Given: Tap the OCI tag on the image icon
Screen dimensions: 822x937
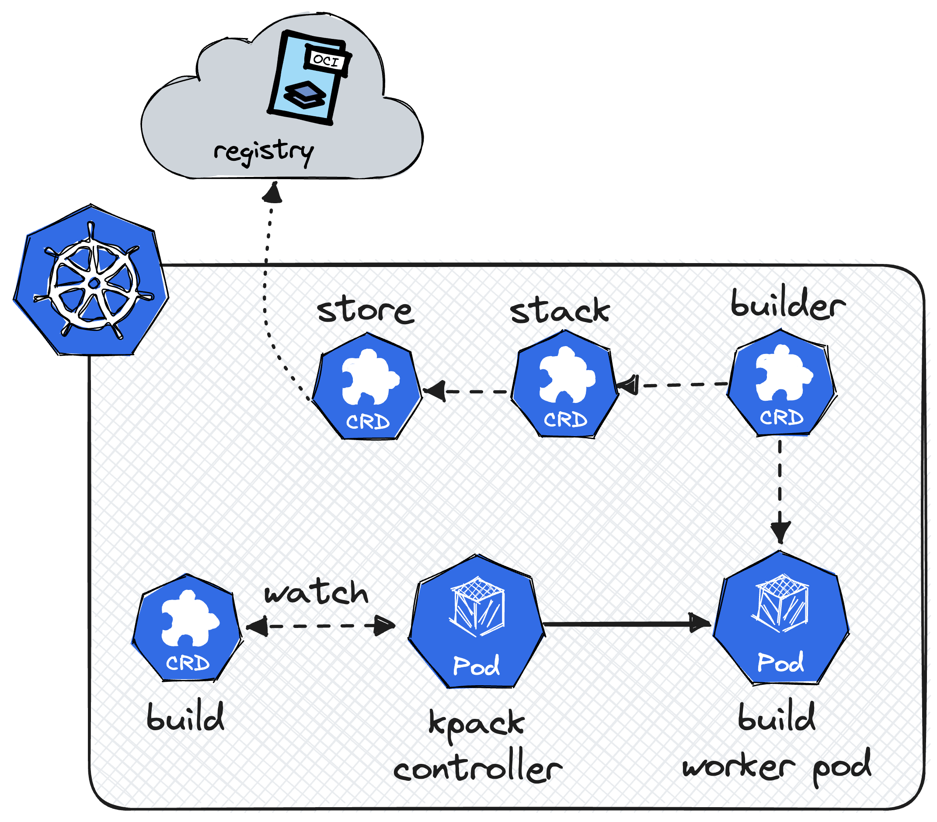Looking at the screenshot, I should pyautogui.click(x=326, y=59).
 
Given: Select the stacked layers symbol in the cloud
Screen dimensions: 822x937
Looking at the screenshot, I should pyautogui.click(x=304, y=94).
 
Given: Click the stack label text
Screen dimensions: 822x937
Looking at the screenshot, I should pyautogui.click(x=560, y=312).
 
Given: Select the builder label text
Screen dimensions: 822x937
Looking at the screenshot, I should pyautogui.click(x=787, y=306).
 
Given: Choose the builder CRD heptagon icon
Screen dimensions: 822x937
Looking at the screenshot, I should pyautogui.click(x=782, y=384).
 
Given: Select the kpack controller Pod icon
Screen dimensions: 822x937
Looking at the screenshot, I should pyautogui.click(x=476, y=623).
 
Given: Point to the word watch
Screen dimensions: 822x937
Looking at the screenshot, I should pyautogui.click(x=316, y=593).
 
